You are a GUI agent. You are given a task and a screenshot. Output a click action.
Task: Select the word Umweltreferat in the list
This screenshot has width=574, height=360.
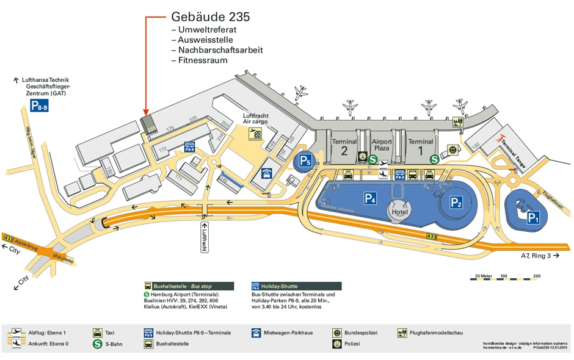click(x=207, y=29)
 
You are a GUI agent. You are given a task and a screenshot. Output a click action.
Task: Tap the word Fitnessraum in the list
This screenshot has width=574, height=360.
click(x=203, y=60)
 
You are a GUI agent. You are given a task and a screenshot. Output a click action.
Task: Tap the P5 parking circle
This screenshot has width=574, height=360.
click(x=305, y=162)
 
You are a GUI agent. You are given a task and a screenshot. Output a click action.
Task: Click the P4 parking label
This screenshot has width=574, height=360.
click(x=371, y=198)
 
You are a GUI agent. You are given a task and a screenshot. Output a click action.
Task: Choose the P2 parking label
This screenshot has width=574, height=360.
click(x=456, y=203)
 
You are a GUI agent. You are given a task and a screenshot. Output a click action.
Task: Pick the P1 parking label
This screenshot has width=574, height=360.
click(x=533, y=217)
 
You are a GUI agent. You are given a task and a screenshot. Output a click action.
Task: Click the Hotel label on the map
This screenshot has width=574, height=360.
click(x=400, y=212)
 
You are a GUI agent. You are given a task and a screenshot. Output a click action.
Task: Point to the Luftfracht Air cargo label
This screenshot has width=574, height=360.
click(x=255, y=118)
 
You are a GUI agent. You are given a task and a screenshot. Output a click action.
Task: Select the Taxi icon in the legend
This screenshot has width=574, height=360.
click(x=97, y=333)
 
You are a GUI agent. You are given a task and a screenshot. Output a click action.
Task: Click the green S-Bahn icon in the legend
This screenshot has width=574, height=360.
click(x=97, y=344)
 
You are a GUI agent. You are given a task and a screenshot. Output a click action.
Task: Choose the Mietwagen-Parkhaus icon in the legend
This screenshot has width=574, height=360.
click(x=256, y=333)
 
